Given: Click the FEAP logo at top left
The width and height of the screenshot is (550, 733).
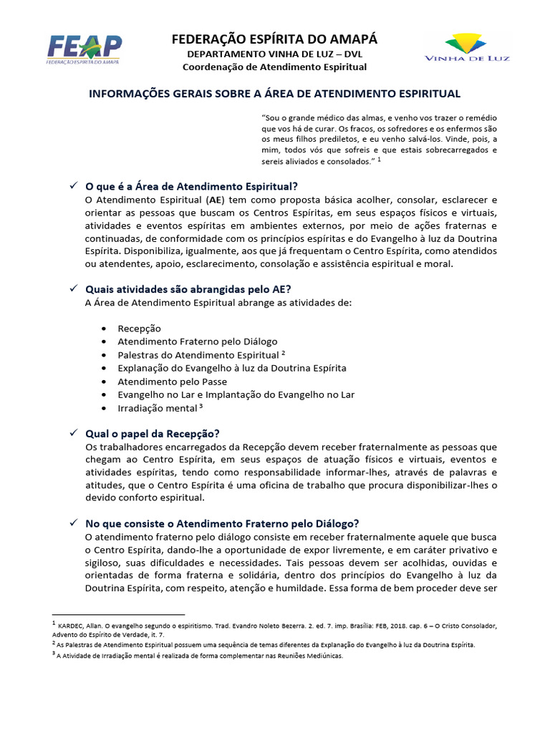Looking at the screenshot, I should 85,49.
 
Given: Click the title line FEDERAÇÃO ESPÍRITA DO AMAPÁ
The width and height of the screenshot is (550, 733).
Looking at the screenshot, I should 274,39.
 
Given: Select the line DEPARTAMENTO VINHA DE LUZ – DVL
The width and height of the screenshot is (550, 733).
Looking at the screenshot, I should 274,54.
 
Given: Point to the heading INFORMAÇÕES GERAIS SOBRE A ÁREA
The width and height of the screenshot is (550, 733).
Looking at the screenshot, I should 274,94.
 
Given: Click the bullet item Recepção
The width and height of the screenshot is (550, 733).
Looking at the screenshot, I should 139,329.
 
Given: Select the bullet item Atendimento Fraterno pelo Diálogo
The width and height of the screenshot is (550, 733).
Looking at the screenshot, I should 197,341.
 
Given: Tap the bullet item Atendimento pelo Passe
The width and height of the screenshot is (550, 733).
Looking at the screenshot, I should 172,382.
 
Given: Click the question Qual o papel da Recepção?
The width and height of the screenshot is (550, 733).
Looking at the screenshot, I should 152,434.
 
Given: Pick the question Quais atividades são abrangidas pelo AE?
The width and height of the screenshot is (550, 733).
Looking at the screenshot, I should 188,289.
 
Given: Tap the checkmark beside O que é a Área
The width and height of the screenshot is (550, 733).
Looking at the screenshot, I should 73,185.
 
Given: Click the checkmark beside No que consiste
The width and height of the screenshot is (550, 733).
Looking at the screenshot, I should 73,523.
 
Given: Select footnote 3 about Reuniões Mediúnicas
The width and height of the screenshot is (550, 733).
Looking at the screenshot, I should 200,655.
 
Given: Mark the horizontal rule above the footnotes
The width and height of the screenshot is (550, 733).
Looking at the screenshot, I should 119,614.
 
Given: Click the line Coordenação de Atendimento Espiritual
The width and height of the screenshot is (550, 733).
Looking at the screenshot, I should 274,67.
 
